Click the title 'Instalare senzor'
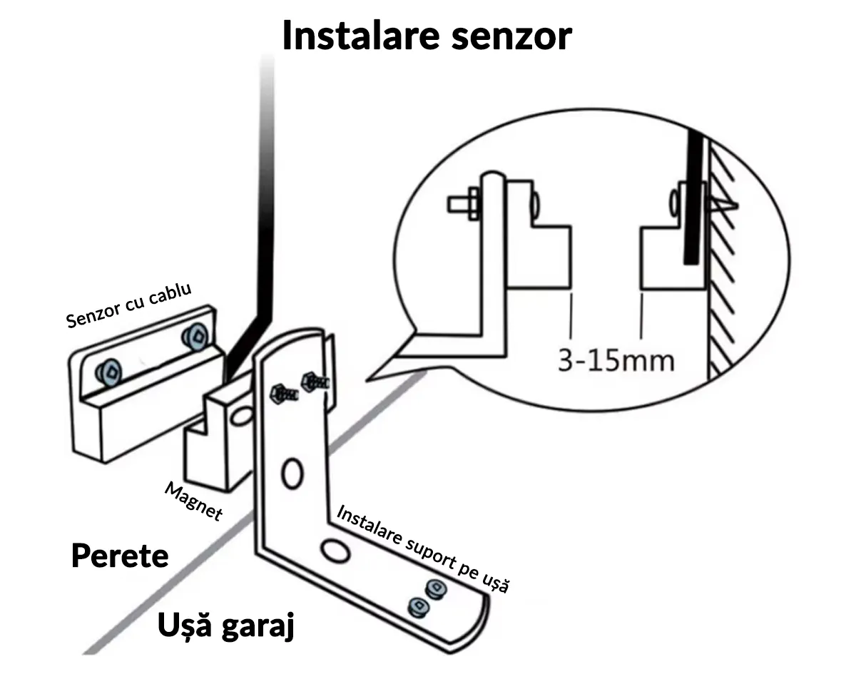click(427, 36)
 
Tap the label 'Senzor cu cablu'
click(131, 303)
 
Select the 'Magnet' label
click(193, 501)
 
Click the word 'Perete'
click(120, 556)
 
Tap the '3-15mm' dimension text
click(616, 360)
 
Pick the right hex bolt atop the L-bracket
click(313, 380)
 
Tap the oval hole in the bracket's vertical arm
click(292, 474)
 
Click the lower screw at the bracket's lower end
click(417, 608)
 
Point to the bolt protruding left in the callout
click(462, 205)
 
